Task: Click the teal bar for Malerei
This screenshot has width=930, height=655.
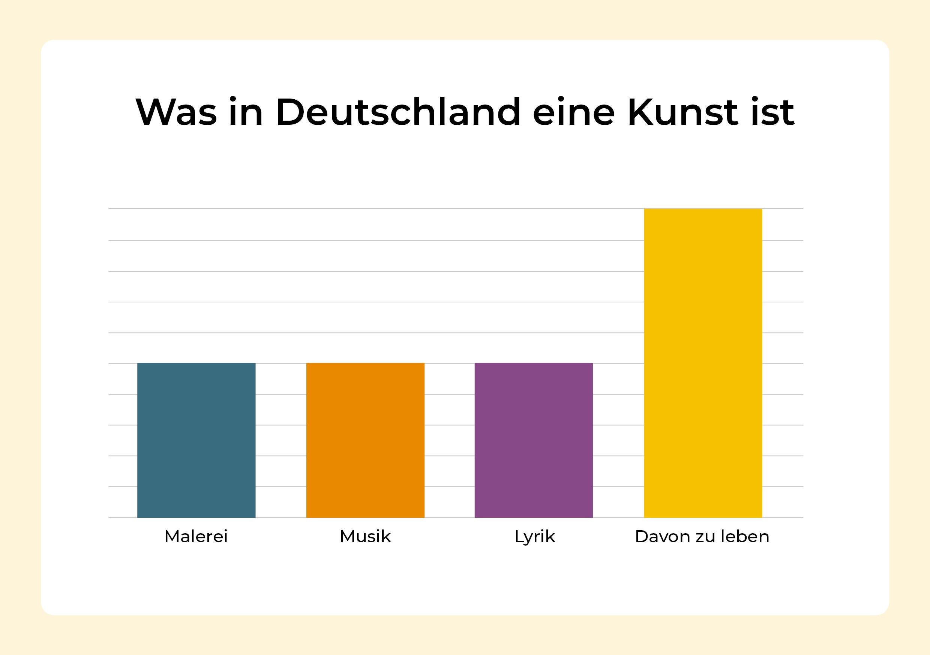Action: pyautogui.click(x=196, y=440)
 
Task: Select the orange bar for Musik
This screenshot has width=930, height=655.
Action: pyautogui.click(x=365, y=440)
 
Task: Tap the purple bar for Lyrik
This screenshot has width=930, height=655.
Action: pyautogui.click(x=534, y=440)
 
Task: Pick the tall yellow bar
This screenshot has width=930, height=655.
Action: pyautogui.click(x=703, y=363)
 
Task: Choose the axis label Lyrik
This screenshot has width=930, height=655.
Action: pyautogui.click(x=534, y=537)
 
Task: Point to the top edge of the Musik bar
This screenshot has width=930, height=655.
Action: pyautogui.click(x=365, y=363)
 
